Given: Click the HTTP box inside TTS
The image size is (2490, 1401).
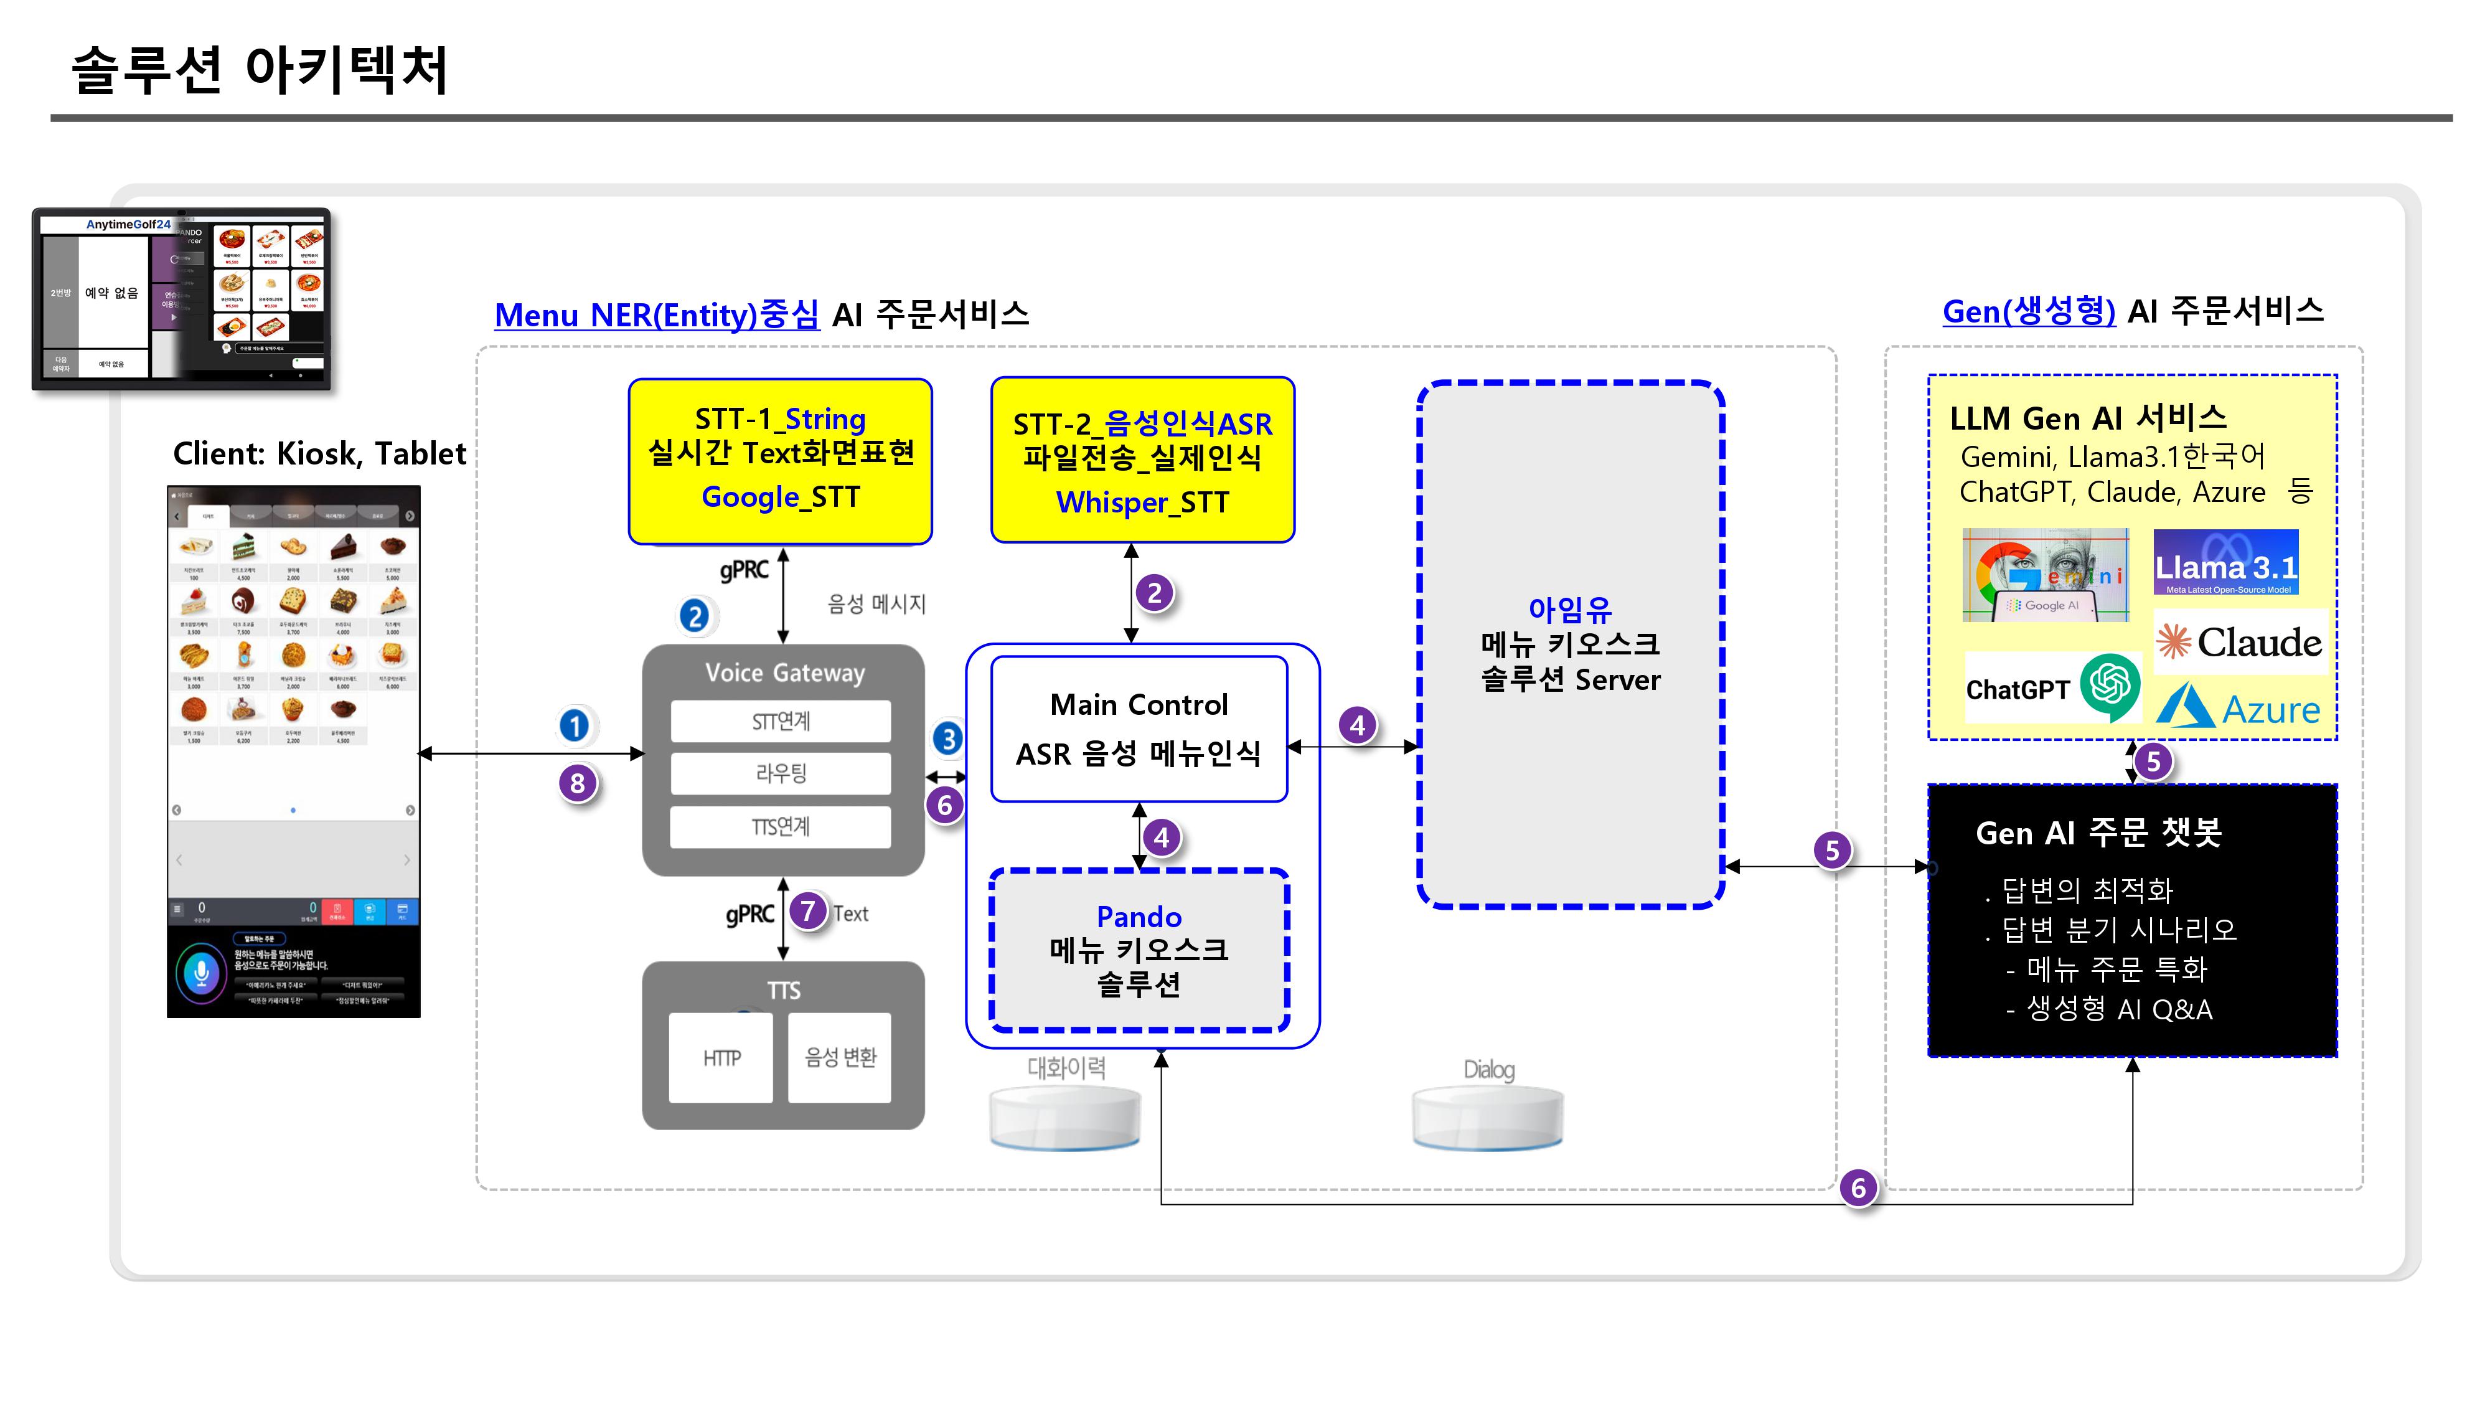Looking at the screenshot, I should click(x=721, y=1058).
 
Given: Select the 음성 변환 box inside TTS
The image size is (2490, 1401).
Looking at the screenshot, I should click(x=839, y=1058).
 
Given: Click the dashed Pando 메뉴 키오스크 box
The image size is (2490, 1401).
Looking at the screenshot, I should click(x=1139, y=950).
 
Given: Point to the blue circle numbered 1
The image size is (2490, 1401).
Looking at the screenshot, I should click(x=574, y=725).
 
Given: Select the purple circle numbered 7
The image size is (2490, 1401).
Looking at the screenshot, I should click(x=807, y=911).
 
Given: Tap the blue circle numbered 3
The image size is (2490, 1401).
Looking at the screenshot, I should click(x=948, y=738).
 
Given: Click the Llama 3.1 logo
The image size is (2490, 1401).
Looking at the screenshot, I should click(x=2225, y=563).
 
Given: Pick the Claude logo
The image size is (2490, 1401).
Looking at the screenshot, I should click(x=2240, y=642).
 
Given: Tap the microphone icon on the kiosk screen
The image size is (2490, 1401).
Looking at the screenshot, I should click(x=201, y=972).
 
